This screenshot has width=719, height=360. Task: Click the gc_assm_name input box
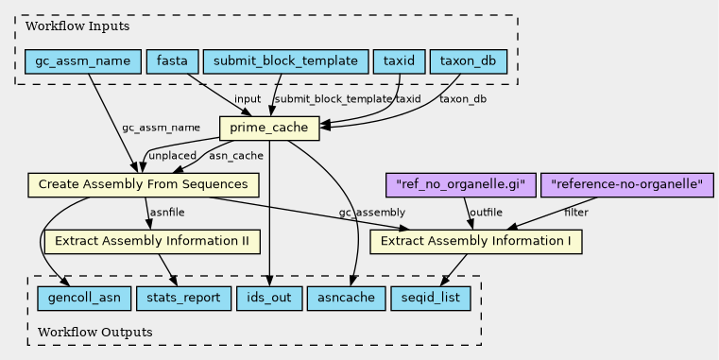(x=83, y=61)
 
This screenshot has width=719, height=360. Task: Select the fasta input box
(x=172, y=61)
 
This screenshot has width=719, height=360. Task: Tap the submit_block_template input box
(x=285, y=61)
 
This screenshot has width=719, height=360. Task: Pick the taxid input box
(x=399, y=61)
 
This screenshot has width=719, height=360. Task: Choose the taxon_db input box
(x=469, y=61)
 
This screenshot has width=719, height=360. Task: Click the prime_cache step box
(x=269, y=129)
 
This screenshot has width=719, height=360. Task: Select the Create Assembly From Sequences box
(x=144, y=185)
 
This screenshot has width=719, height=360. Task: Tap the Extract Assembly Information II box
(x=152, y=241)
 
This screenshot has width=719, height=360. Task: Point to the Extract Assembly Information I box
(x=476, y=241)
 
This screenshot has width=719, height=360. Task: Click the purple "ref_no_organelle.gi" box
(x=461, y=185)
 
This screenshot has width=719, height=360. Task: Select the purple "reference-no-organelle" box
(x=627, y=185)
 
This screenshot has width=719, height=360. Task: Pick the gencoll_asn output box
(x=84, y=298)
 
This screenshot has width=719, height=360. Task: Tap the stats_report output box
(x=183, y=298)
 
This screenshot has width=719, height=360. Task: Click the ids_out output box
(x=269, y=298)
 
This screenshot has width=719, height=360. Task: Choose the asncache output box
(x=346, y=298)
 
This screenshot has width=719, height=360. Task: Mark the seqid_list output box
(x=431, y=298)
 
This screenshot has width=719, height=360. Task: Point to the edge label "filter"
(x=576, y=213)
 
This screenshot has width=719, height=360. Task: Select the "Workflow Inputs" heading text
(x=77, y=26)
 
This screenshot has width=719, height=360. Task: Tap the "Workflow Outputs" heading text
(x=94, y=332)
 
